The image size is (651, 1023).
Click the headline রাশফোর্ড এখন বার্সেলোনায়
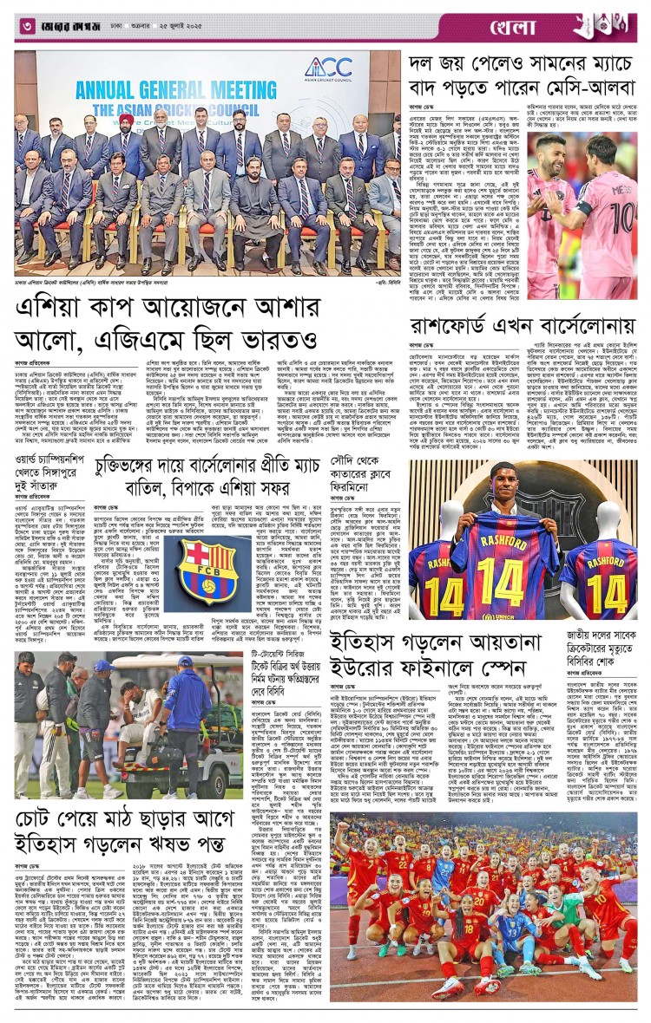tap(524, 326)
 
